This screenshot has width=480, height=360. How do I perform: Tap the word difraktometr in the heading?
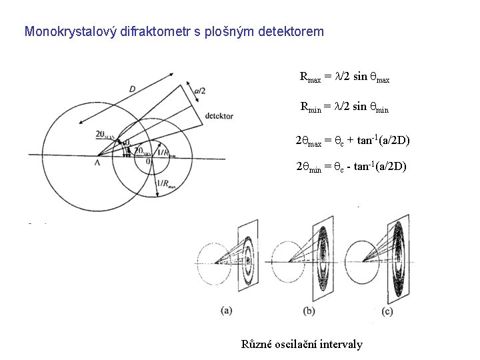[140, 31]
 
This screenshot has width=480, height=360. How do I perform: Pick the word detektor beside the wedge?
[220, 116]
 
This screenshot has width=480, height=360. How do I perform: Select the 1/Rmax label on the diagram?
[165, 185]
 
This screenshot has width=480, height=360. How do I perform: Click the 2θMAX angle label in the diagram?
[105, 135]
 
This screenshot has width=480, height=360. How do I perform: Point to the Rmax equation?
[345, 77]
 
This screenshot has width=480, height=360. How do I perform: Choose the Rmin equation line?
[344, 106]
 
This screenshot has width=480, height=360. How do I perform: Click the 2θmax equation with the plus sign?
[352, 140]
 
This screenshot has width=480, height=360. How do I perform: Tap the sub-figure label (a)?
[227, 309]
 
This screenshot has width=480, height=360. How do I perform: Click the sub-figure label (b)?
[309, 311]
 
